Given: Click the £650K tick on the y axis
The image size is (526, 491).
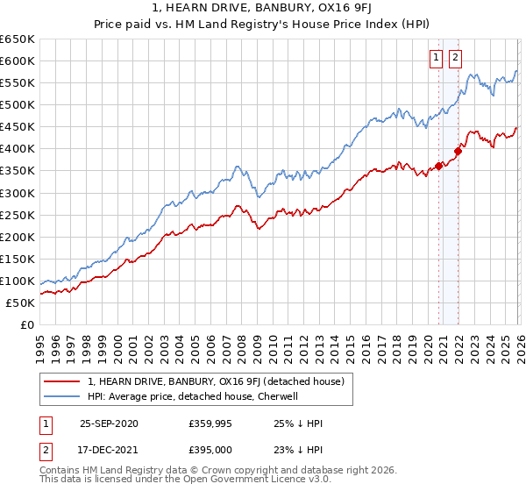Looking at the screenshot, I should click(18, 39).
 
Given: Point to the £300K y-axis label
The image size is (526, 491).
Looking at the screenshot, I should click(18, 193).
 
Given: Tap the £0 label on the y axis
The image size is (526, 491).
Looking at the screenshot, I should click(26, 325).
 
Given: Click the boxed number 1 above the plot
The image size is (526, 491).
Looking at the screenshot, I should click(437, 59).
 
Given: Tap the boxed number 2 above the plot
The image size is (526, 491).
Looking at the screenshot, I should click(456, 59).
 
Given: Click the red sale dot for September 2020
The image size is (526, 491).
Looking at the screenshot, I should click(438, 166).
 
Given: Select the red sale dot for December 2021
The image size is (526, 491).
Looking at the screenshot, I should click(458, 150).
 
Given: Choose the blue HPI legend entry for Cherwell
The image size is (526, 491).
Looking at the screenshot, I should click(193, 396).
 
